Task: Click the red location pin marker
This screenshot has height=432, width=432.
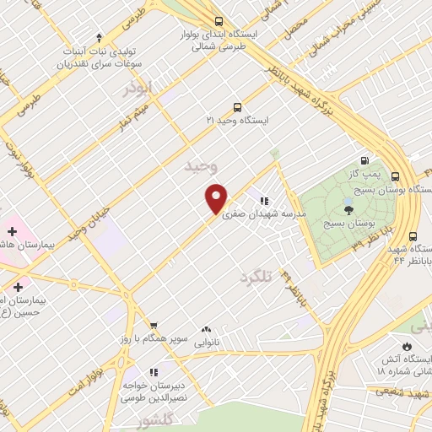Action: (216, 197)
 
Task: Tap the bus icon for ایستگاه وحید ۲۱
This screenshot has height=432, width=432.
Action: (237, 108)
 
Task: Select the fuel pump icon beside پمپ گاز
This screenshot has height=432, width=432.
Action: (364, 160)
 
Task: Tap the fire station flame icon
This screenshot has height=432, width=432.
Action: (407, 347)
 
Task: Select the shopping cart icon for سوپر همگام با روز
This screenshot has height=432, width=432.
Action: (154, 326)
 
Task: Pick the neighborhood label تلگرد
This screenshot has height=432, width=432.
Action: (257, 277)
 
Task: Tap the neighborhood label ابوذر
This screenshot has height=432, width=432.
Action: (139, 89)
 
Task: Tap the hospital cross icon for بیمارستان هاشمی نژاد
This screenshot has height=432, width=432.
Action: (13, 230)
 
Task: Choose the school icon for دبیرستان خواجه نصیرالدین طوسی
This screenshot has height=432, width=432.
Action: (154, 371)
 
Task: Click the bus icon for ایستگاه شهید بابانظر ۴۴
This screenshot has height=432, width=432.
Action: (413, 237)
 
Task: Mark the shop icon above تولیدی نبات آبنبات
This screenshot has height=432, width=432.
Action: (99, 37)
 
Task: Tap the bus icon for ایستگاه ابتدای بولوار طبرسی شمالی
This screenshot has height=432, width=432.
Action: (219, 22)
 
